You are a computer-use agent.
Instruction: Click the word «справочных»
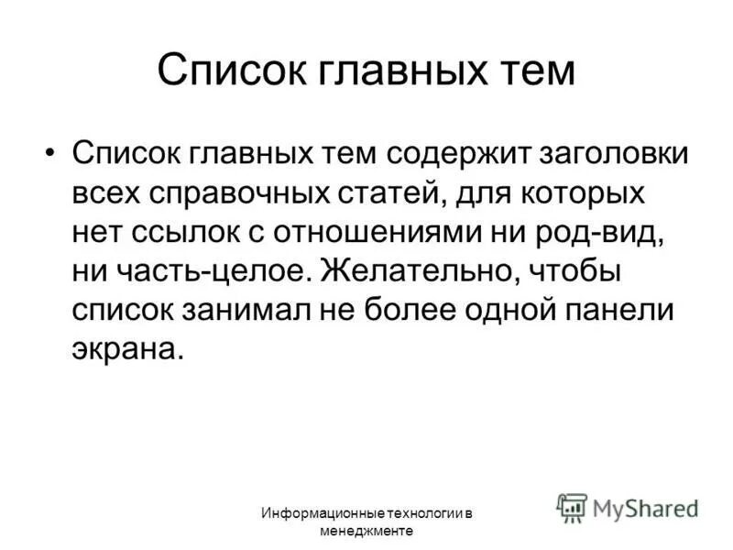[x=241, y=193]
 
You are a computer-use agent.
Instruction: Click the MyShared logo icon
[x=573, y=507]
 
